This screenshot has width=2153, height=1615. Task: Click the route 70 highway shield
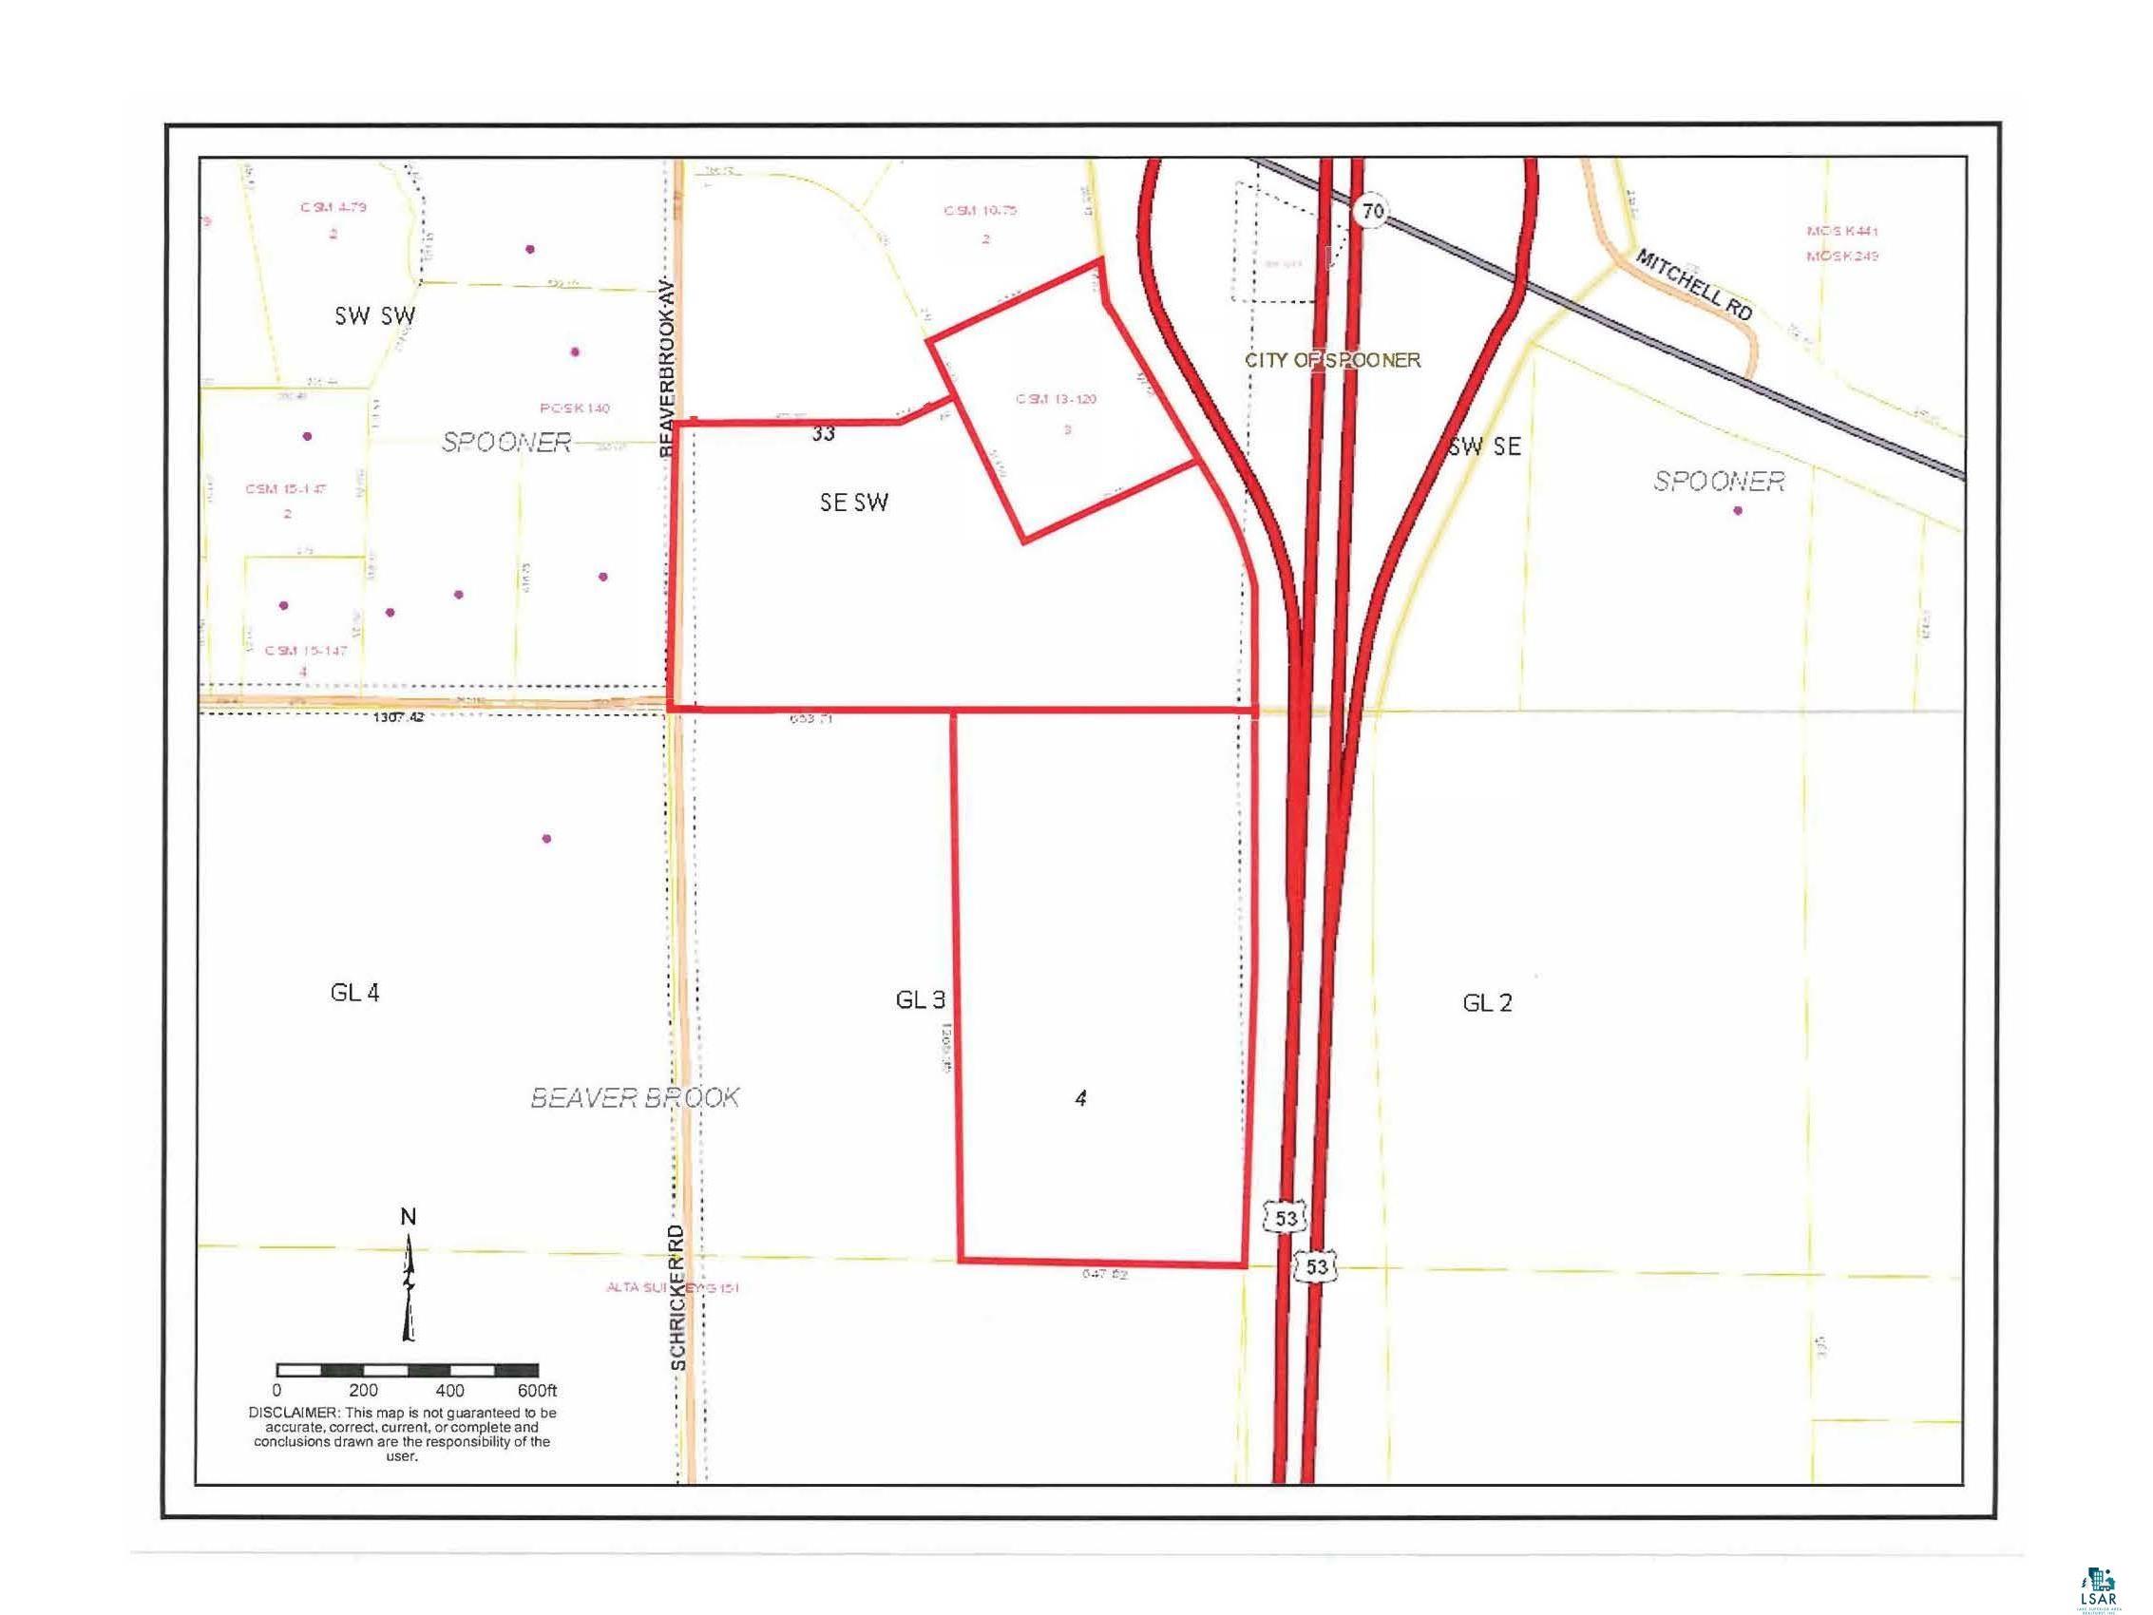tap(1371, 210)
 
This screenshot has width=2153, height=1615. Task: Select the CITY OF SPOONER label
tap(1332, 360)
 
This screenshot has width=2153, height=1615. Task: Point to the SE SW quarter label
tap(853, 503)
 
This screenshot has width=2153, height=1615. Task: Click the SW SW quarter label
tap(374, 315)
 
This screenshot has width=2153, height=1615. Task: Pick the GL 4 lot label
tap(354, 993)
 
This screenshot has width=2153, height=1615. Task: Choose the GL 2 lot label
tap(1486, 1002)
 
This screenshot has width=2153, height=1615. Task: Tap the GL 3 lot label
tap(919, 999)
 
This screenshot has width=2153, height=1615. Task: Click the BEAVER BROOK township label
tap(635, 1098)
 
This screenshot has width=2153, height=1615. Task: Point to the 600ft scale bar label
tap(537, 1391)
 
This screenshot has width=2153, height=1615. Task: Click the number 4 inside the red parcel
tap(1080, 1098)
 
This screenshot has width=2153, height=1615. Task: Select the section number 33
tap(823, 434)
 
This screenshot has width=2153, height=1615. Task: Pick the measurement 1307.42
tap(399, 717)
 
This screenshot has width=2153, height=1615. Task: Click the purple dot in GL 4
tap(547, 838)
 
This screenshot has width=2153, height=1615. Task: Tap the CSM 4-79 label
tap(333, 207)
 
